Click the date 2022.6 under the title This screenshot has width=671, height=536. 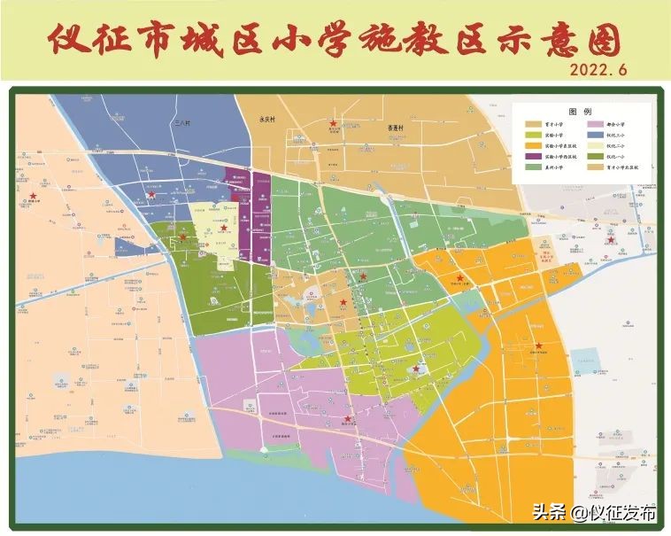click(598, 69)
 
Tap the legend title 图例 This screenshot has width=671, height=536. click(581, 112)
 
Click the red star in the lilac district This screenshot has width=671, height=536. click(348, 419)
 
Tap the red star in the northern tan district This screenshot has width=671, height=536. click(333, 123)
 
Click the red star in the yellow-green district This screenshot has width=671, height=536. click(416, 369)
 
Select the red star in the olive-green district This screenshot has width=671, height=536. click(183, 237)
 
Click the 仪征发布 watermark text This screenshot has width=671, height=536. click(626, 513)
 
